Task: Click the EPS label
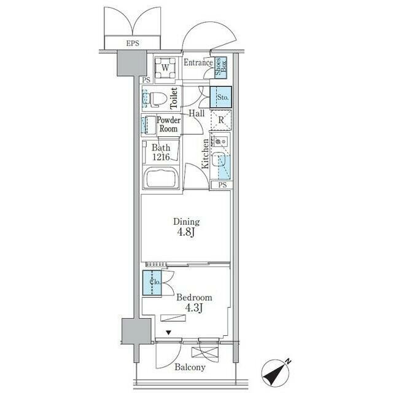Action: tap(133, 43)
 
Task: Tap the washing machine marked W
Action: tap(165, 68)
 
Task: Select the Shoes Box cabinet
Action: tap(221, 67)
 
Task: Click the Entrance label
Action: tap(198, 63)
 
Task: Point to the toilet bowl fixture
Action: tap(158, 98)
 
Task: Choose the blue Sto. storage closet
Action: tap(220, 97)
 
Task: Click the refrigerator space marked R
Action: tap(221, 120)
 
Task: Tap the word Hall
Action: tap(196, 113)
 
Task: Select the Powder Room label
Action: tap(169, 124)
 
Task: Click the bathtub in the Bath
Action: tap(161, 178)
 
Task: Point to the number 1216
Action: tap(161, 157)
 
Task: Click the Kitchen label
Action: tap(206, 154)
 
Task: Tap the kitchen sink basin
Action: tap(217, 160)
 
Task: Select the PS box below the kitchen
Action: tap(222, 185)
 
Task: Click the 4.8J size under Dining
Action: tap(186, 232)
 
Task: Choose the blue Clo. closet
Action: tap(152, 282)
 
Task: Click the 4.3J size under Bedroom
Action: tap(194, 308)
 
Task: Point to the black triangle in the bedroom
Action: tap(169, 333)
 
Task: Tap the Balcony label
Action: tap(190, 367)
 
